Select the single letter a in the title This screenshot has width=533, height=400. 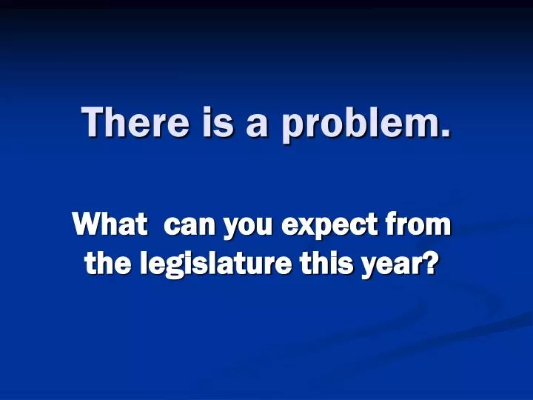click(257, 124)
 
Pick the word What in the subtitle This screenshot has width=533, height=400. click(109, 223)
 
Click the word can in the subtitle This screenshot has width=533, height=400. click(189, 224)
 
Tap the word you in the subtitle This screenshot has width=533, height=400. click(250, 226)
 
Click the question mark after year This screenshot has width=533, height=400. click(428, 262)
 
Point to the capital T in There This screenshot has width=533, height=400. click(92, 121)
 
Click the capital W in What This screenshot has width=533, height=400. click(87, 223)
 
